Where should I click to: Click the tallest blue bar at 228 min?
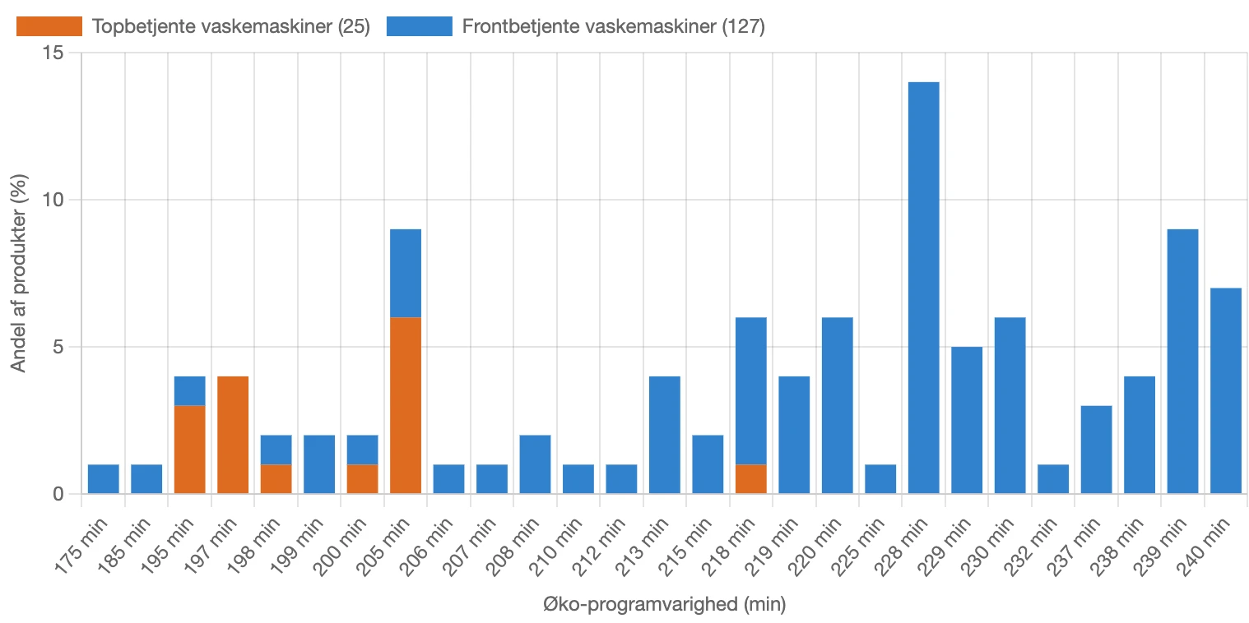922,288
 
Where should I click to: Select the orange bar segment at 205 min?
405,405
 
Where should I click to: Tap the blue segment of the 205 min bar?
405,273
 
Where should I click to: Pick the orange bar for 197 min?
233,435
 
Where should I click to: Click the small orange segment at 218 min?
750,479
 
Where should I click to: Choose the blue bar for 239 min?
1182,362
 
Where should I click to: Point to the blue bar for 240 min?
1225,391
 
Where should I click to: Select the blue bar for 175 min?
104,479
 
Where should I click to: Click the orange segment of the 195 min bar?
190,450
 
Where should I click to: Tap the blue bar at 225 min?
880,479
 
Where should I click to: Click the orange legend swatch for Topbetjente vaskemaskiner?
49,26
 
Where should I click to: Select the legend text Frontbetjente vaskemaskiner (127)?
614,26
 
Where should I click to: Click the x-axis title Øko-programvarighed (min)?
665,606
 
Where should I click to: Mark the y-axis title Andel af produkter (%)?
20,273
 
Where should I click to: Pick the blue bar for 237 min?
1095,450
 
